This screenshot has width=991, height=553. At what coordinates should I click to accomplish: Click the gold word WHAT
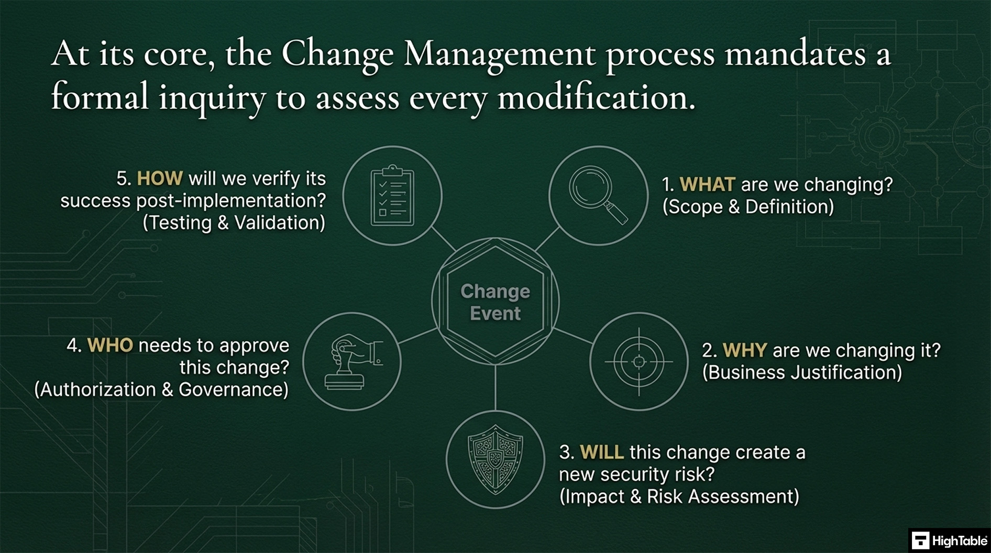coord(707,184)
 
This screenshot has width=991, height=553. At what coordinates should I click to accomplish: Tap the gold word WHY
coord(744,350)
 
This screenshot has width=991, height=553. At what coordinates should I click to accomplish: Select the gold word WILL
coord(601,452)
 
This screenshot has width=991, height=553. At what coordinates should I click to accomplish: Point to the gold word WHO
coord(110,345)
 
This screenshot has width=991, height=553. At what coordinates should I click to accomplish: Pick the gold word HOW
coord(160,179)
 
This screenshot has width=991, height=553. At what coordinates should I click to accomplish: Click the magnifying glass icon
coord(598,195)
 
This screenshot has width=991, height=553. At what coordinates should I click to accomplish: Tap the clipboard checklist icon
coord(392,196)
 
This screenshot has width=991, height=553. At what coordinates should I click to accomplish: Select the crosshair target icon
coord(638,361)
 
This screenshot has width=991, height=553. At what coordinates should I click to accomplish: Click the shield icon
coord(495,459)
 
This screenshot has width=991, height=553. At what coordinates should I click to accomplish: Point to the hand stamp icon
coord(352,361)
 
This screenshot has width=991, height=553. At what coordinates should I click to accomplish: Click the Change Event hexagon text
coord(495,302)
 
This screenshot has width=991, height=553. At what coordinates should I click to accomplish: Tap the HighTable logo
coord(949,540)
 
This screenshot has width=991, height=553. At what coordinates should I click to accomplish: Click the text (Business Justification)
coord(802,372)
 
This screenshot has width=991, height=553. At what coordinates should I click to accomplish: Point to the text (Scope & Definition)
coord(748,207)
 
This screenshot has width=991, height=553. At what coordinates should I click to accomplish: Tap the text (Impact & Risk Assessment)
coord(679,496)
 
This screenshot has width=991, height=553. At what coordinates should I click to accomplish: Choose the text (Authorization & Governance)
coord(161,390)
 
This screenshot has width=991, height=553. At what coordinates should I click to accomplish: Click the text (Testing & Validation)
coord(234,223)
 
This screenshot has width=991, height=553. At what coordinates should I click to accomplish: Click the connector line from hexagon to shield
coord(495,388)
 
